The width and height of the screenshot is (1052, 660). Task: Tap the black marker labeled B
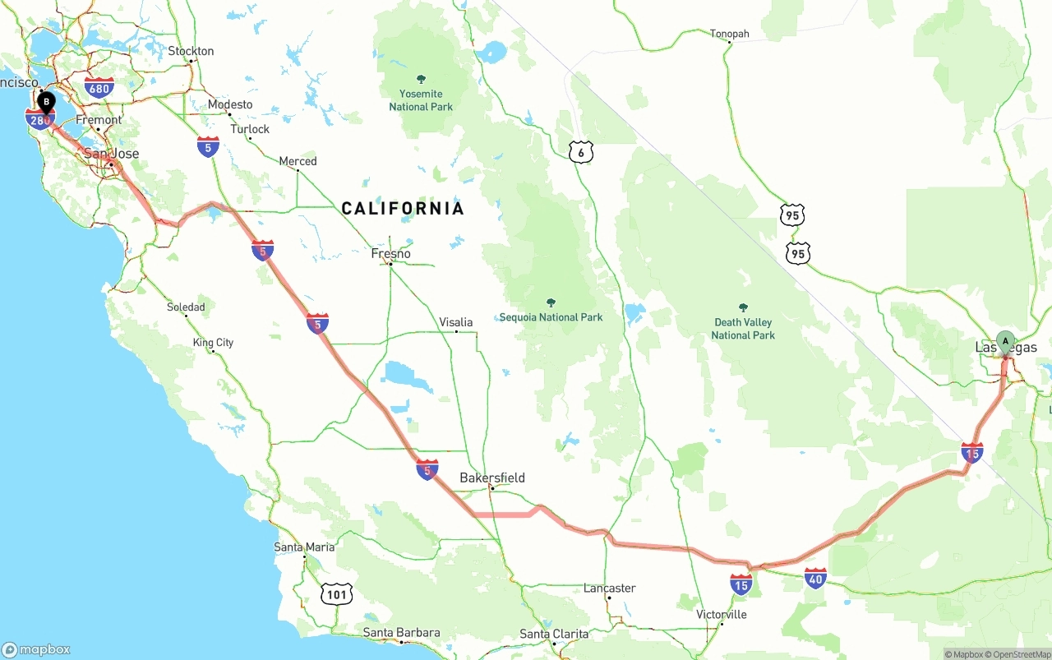46,103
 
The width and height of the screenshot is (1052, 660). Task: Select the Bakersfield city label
492,478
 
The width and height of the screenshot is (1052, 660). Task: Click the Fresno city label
390,253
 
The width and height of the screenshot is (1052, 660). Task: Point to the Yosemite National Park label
421,100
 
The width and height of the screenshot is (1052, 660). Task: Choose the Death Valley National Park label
743,328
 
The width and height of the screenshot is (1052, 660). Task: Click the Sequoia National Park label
551,317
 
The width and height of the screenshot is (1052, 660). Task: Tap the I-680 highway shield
99,88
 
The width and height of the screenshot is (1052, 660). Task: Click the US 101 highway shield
338,593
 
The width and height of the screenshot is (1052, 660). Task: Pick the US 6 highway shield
580,152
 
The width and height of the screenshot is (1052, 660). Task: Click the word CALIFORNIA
403,209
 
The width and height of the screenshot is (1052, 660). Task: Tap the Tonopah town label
730,34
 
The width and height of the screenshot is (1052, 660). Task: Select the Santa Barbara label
402,633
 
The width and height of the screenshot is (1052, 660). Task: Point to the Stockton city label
191,51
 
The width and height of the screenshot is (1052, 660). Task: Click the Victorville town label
722,614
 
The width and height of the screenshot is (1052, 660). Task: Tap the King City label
213,342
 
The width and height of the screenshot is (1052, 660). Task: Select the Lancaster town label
609,588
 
